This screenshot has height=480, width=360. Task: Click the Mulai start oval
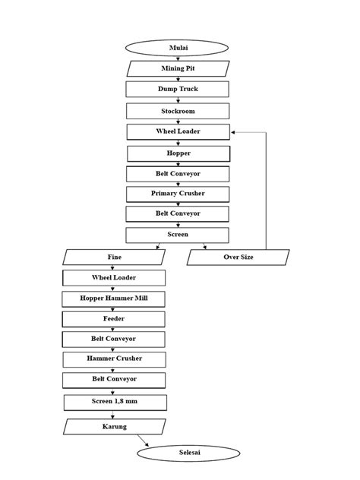pos(177,48)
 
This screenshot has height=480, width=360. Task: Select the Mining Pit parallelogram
pos(177,68)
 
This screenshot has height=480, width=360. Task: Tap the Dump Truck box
pos(177,89)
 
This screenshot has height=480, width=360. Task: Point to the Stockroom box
pos(177,111)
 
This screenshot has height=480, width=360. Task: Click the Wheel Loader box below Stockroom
pos(177,131)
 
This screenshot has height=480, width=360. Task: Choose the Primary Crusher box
pos(177,194)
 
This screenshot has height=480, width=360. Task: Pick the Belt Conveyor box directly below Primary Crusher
pos(177,214)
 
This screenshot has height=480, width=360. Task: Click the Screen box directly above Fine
pos(177,235)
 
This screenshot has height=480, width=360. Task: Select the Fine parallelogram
pos(114,257)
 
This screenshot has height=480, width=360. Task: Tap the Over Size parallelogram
pos(238,257)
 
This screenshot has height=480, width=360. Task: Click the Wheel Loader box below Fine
pos(114,278)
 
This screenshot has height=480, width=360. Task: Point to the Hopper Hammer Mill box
pos(114,298)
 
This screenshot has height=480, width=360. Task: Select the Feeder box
pos(114,319)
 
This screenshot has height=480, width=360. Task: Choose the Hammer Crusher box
pos(114,358)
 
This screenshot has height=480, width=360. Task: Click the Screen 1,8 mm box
pos(114,400)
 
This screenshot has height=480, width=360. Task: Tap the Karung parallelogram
pos(114,427)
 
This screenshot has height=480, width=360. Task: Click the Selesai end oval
pos(189,453)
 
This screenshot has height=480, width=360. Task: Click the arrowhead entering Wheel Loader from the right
pos(234,132)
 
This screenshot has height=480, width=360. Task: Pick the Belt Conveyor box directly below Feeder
pos(114,338)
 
